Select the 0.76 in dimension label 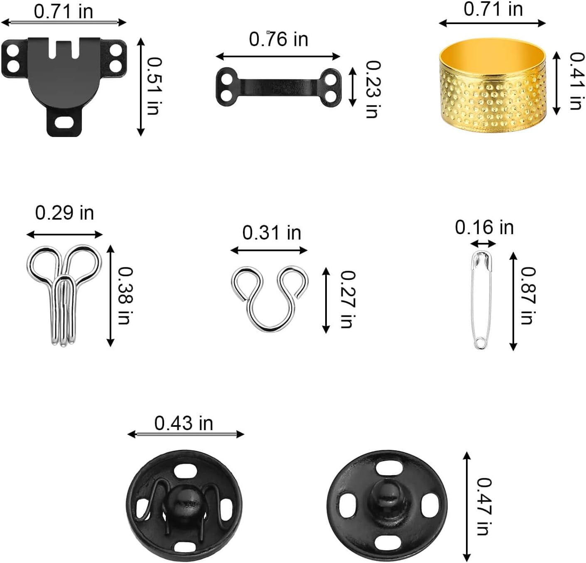point(279,39)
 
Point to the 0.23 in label point(373,89)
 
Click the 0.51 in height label point(154,86)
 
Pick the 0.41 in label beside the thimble point(577,81)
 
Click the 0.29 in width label point(64,213)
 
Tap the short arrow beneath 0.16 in point(483,244)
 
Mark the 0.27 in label point(348,299)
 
